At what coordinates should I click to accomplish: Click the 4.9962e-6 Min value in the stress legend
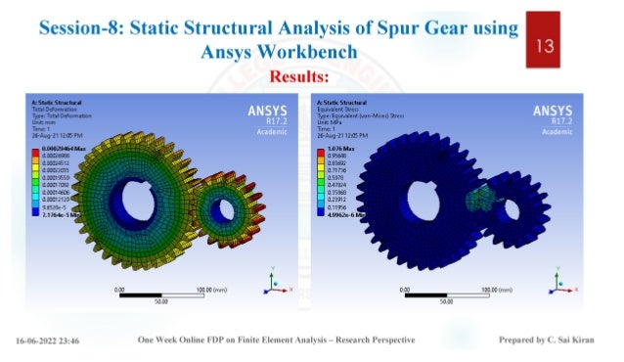pos(338,214)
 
